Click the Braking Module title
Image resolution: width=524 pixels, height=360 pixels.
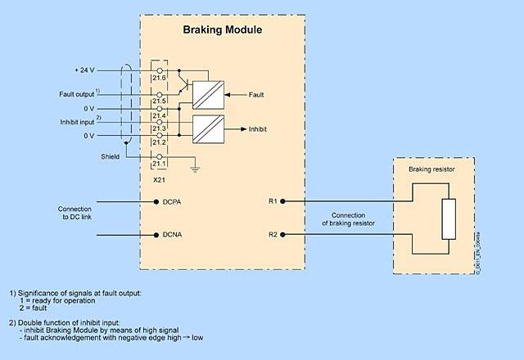point(221,30)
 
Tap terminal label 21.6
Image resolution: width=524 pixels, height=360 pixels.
point(159,78)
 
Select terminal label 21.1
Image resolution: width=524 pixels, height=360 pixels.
point(159,164)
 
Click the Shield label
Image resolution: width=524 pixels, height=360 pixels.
point(110,155)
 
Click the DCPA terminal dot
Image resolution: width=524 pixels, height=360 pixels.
point(156,200)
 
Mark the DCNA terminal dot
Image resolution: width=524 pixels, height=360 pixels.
point(156,236)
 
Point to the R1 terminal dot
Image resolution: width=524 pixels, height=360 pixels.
point(282,200)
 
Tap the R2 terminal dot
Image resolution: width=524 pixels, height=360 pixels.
point(282,236)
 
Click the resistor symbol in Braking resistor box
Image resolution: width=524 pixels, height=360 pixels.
point(448,218)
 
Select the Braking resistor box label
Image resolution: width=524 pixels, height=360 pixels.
point(436,169)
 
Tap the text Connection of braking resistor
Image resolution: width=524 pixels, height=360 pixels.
point(348,218)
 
